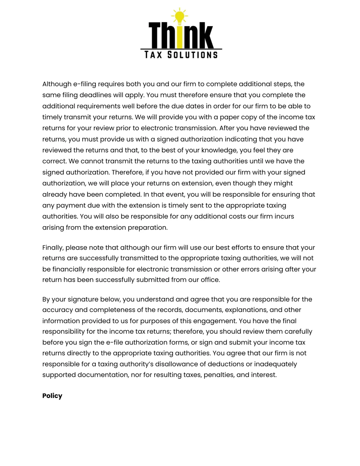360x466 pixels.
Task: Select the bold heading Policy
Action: pos(52,396)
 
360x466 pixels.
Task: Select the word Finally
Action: pos(53,248)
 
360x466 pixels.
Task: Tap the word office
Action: pos(210,280)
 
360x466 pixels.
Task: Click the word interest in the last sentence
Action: pos(265,375)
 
